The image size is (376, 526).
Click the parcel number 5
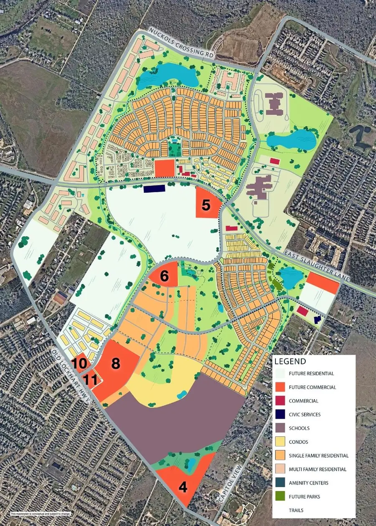[206, 205]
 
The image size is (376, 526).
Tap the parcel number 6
[165, 276]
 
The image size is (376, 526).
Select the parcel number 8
[115, 363]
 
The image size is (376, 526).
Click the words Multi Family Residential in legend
[318, 469]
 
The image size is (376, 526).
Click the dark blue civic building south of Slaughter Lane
[154, 189]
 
